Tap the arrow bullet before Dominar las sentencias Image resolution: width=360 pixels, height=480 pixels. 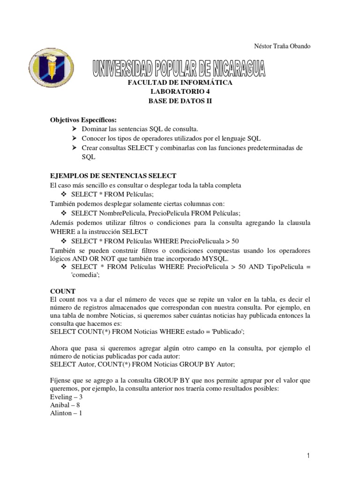(75, 129)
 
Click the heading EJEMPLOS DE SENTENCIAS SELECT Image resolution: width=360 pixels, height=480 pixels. (113, 176)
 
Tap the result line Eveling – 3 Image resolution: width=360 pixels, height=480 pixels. (66, 397)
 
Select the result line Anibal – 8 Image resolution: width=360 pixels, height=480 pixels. (65, 405)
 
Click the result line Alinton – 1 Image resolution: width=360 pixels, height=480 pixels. (66, 414)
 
